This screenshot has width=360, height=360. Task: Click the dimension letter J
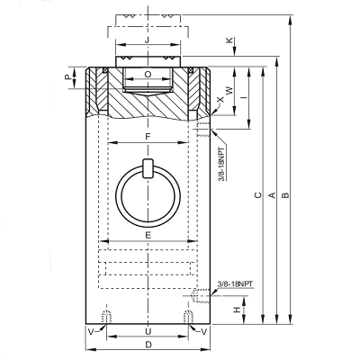coord(147,40)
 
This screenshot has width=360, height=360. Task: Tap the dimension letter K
coord(229,40)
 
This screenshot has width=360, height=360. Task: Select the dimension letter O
coord(148,75)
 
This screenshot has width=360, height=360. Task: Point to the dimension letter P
coord(68,77)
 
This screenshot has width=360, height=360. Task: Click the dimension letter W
coord(229,91)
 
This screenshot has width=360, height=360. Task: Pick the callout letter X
coord(220,99)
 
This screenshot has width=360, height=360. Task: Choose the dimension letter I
coord(245,97)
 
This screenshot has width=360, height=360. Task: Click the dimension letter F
coord(148,137)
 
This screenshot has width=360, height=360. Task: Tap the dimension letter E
coord(148,235)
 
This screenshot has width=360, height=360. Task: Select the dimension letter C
coord(258,195)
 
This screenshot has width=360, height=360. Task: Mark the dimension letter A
coord(272,195)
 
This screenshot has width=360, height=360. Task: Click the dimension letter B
coord(285,195)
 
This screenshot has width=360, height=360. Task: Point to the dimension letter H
coord(238,310)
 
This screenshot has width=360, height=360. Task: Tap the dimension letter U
coord(148,331)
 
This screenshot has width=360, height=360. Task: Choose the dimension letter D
coord(148,345)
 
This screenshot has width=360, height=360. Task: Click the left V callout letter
coord(91,331)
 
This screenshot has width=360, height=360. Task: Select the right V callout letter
coord(203,331)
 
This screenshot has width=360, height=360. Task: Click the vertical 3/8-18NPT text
coord(222,164)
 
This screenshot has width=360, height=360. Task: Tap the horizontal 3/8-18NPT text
coord(236,283)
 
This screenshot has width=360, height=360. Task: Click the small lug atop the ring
coord(148,168)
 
